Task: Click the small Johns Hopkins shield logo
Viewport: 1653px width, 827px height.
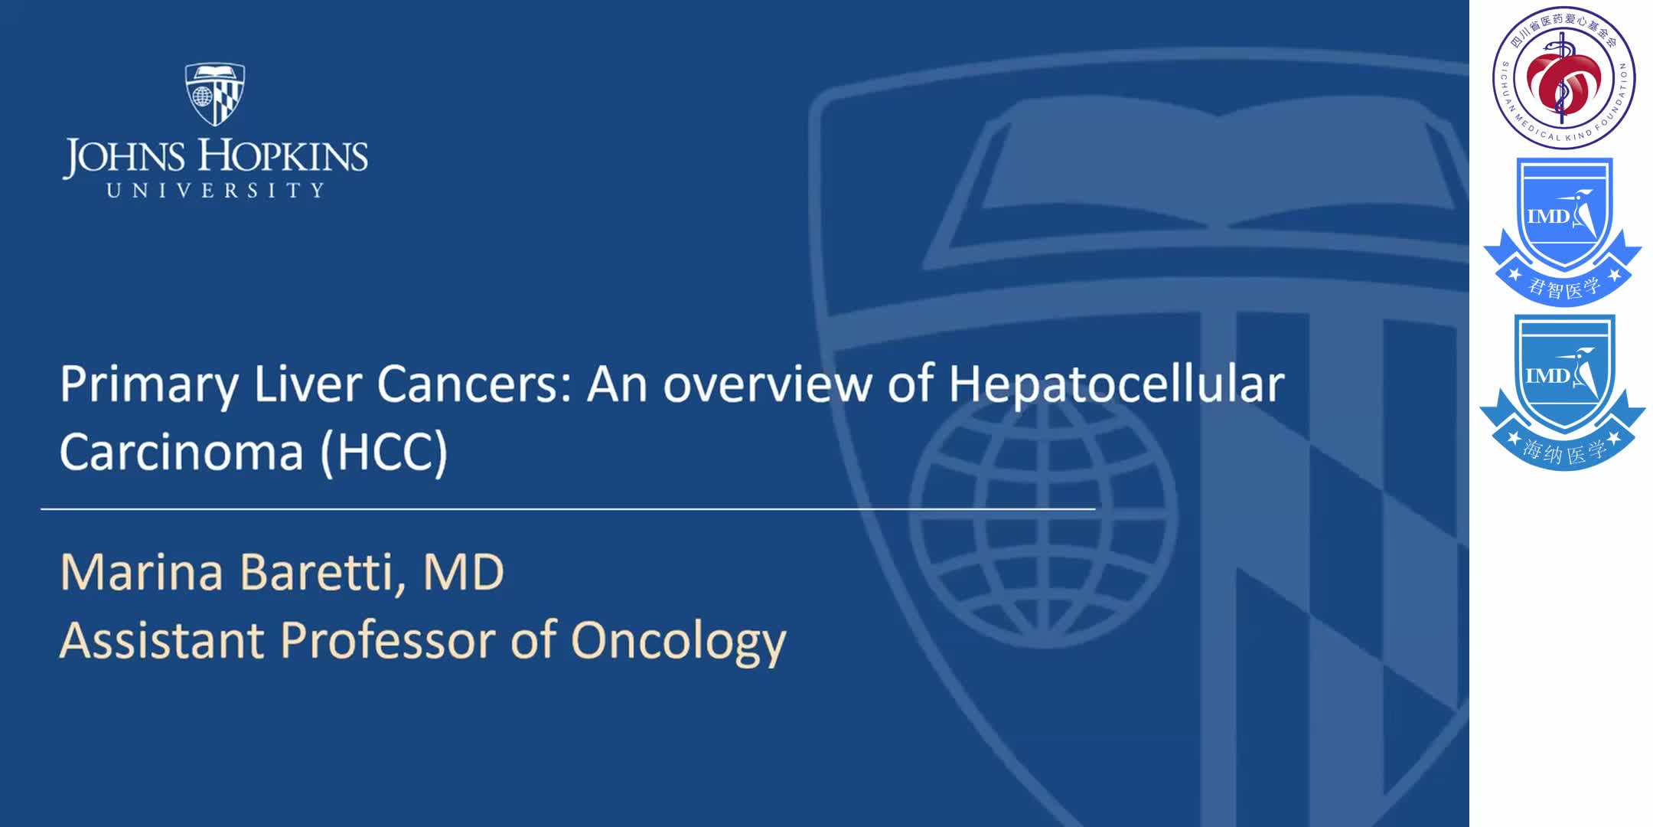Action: (215, 93)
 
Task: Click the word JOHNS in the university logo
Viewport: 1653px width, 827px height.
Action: (124, 157)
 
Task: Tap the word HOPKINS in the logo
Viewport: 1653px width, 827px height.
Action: (284, 156)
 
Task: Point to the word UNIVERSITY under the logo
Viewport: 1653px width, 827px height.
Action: (215, 190)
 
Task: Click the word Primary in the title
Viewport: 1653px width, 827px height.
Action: (148, 384)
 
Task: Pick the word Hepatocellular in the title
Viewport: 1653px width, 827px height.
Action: (1117, 384)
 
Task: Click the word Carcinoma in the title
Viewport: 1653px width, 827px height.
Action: (181, 451)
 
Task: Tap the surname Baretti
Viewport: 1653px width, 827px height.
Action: (322, 572)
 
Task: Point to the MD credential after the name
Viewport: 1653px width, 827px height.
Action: (464, 572)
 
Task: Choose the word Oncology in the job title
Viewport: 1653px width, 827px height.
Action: (678, 642)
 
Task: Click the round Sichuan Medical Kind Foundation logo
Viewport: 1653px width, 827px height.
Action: (1563, 77)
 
